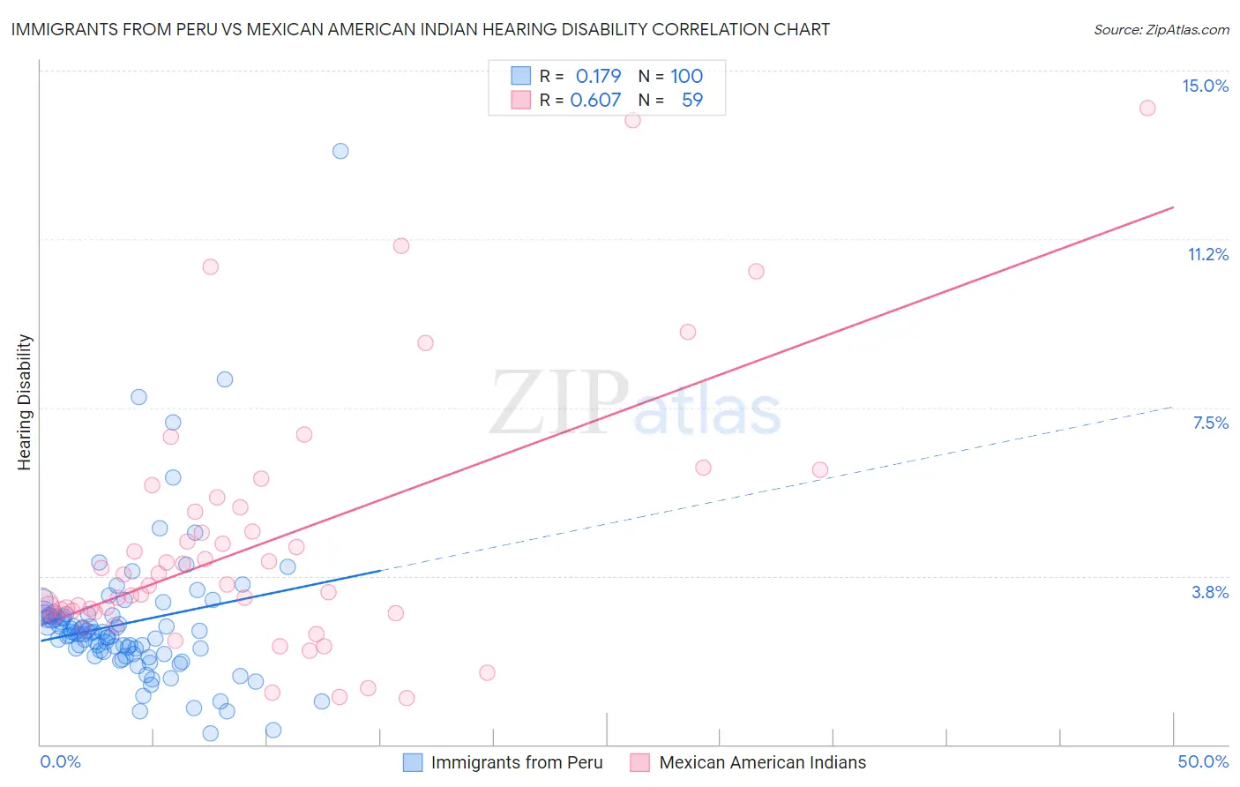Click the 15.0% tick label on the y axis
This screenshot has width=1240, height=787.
(1205, 86)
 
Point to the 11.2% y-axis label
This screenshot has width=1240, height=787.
(1207, 254)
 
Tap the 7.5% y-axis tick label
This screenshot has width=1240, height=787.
(1210, 423)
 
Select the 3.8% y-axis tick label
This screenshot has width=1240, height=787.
(1210, 592)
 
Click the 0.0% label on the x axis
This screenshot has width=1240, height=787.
(60, 761)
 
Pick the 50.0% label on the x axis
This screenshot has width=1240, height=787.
(1203, 761)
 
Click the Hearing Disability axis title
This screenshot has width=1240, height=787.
(25, 402)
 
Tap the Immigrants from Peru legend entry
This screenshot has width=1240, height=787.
(517, 762)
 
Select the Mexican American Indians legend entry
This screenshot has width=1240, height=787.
(762, 762)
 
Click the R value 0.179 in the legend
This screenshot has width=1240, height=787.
(598, 76)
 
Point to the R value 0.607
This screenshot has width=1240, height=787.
(595, 100)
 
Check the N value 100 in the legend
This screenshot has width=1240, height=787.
(686, 76)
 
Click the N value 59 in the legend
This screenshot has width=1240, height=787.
(692, 100)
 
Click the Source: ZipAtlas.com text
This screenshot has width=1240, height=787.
(1161, 29)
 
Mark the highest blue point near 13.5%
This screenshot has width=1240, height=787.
(340, 151)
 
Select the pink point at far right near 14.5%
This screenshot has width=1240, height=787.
(1147, 108)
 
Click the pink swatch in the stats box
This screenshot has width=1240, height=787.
(521, 100)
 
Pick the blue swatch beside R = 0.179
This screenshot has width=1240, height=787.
(521, 76)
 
